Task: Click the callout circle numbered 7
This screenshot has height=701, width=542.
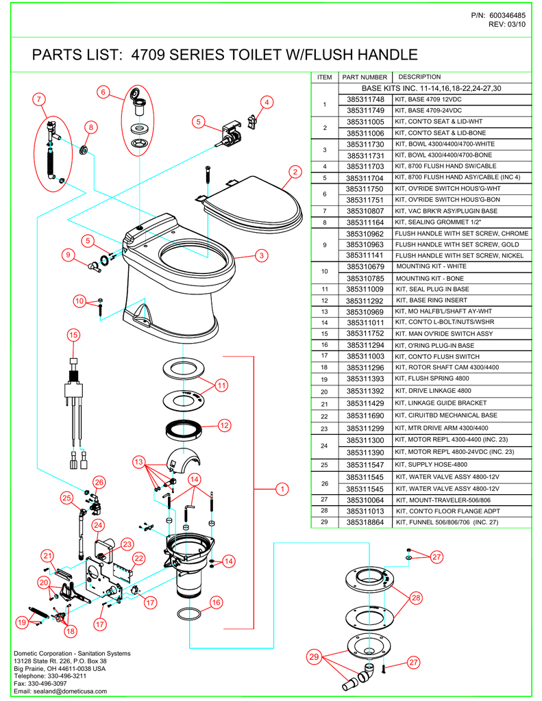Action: point(40,99)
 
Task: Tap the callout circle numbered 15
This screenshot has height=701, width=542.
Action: point(74,335)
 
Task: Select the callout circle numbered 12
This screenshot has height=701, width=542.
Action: point(223,425)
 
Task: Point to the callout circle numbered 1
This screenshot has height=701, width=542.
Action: point(281,489)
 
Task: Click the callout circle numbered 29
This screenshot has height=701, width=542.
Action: point(315,657)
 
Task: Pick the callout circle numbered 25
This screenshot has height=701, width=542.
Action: point(67,497)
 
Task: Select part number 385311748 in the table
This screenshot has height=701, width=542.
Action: point(365,100)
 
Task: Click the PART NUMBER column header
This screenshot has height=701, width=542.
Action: point(365,77)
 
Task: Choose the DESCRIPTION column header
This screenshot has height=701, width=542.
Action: point(419,77)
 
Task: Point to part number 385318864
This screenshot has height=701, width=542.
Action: point(365,522)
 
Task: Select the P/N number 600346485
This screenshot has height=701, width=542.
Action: point(507,15)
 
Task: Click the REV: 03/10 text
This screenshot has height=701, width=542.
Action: point(506,25)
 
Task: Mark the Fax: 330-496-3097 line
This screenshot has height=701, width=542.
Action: point(40,683)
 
